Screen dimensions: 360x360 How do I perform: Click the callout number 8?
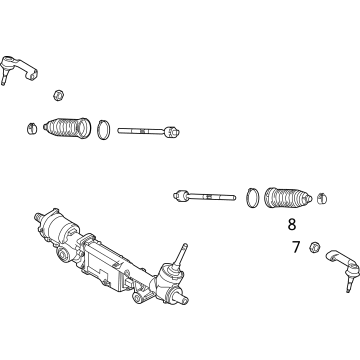click(292, 225)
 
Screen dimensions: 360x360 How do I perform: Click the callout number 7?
click(296, 246)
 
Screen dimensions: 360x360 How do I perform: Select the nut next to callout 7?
click(315, 246)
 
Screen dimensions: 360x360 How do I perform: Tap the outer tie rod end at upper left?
click(21, 68)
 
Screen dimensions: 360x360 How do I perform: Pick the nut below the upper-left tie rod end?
click(58, 95)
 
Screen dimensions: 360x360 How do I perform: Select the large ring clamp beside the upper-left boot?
click(103, 129)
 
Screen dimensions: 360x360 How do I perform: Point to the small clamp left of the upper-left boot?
click(33, 127)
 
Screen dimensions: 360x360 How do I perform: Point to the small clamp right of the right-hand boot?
click(321, 200)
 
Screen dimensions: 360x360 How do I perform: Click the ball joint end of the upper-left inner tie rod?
click(174, 130)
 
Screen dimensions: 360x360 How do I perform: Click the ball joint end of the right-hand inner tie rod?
click(181, 195)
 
